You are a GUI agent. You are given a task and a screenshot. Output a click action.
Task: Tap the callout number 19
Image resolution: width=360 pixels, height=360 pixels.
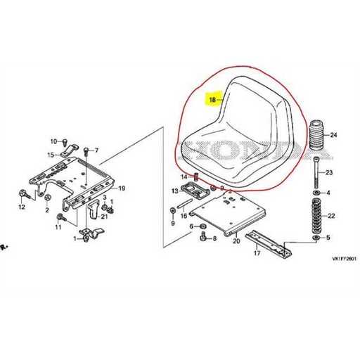[x=121, y=188]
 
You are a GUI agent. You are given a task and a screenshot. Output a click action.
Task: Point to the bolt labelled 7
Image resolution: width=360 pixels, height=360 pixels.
[x=85, y=151]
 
